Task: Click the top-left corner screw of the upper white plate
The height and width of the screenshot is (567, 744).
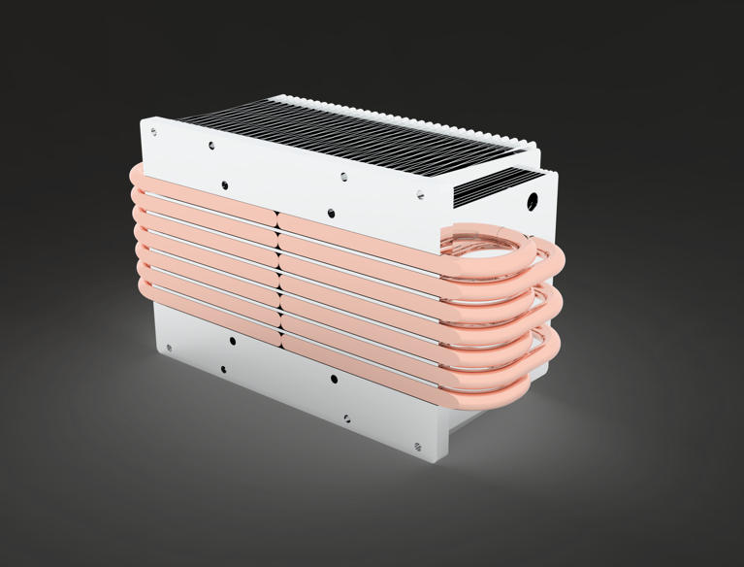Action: [x=153, y=132]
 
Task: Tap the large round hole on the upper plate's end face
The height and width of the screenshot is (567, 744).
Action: [x=532, y=202]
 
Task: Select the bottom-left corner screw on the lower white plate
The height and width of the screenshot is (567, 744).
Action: [x=169, y=347]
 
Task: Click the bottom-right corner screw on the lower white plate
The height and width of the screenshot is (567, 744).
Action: [x=418, y=447]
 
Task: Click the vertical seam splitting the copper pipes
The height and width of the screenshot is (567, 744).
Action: [x=278, y=277]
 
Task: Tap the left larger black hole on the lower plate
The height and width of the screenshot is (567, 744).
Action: [x=232, y=341]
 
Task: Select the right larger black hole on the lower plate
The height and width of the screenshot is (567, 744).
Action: [x=334, y=379]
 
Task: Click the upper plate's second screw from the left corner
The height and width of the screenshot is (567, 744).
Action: [x=211, y=146]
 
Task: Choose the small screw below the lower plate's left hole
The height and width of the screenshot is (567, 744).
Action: [x=223, y=369]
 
